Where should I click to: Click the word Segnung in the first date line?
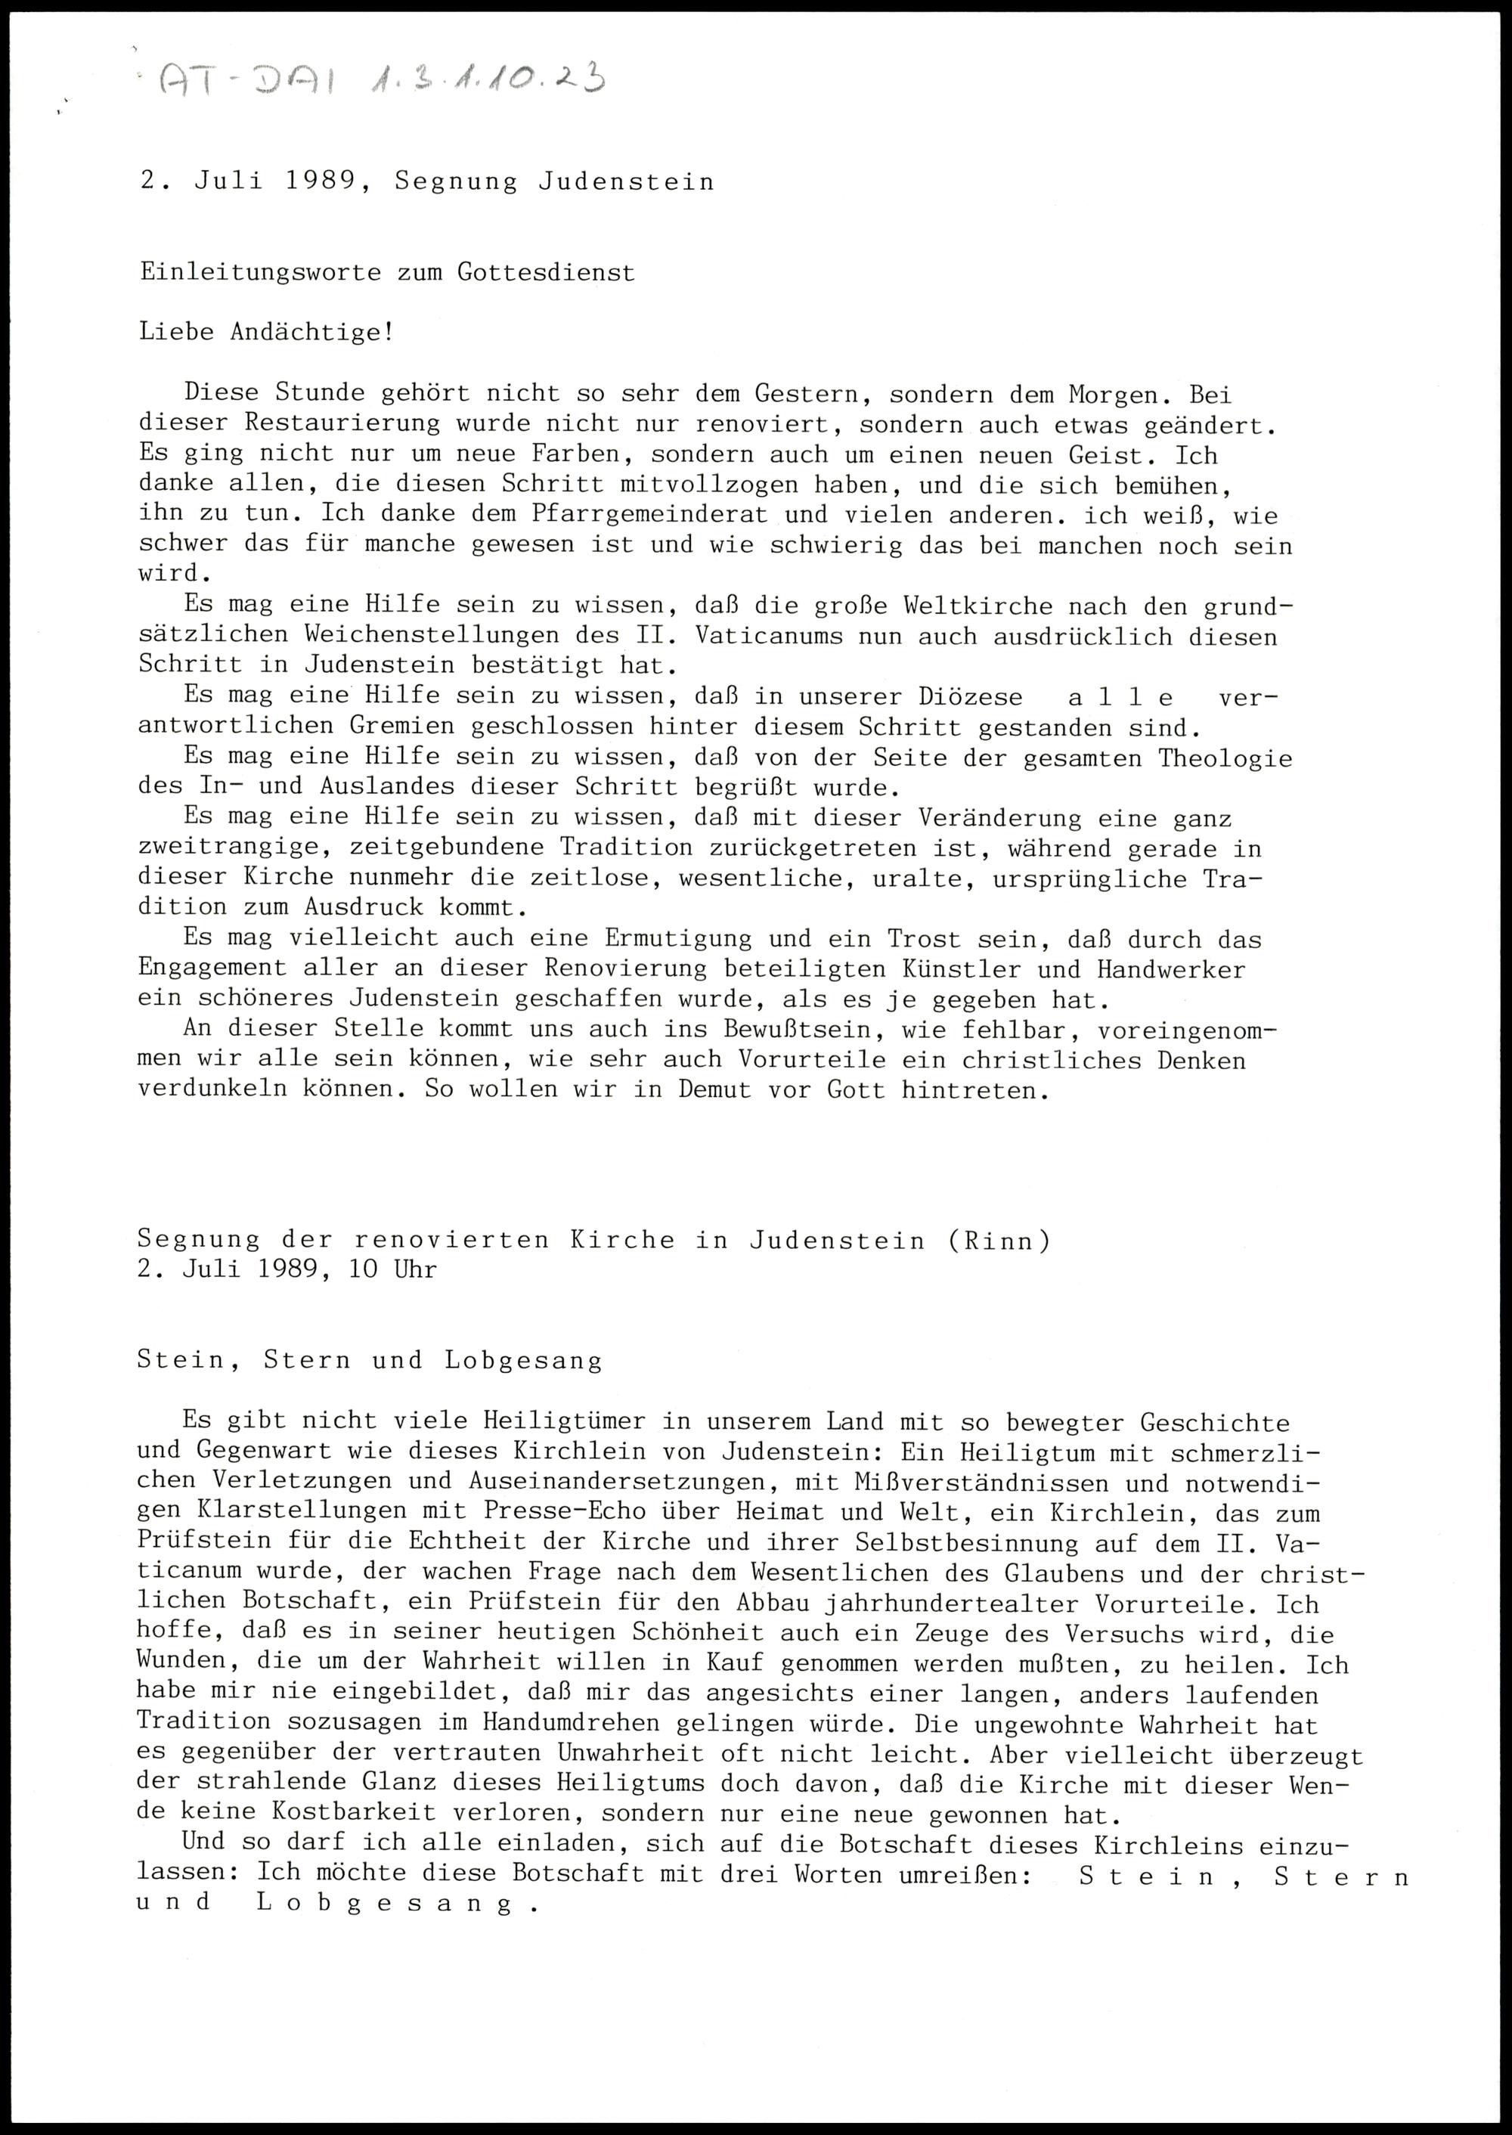tap(455, 181)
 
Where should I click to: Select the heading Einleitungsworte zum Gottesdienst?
tap(387, 273)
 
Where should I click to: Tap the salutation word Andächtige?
tap(311, 333)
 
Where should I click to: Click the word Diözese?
tap(969, 697)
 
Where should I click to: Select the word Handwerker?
tap(1170, 969)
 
